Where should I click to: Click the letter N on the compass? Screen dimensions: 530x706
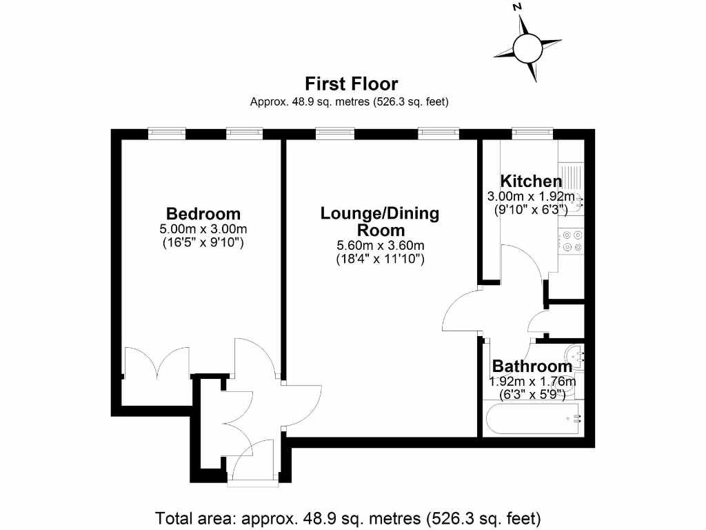pyautogui.click(x=517, y=7)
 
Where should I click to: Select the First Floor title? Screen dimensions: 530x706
pyautogui.click(x=352, y=84)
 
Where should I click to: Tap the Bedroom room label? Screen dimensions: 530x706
pyautogui.click(x=203, y=213)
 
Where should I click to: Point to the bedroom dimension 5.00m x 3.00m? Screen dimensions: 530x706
pyautogui.click(x=203, y=228)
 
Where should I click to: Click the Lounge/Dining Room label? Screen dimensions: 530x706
pyautogui.click(x=379, y=222)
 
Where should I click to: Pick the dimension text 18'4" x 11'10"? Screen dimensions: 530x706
pyautogui.click(x=379, y=259)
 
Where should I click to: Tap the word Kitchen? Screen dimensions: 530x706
pyautogui.click(x=531, y=181)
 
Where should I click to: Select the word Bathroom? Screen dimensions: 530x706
pyautogui.click(x=532, y=366)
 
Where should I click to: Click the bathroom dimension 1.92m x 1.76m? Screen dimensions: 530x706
pyautogui.click(x=532, y=381)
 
